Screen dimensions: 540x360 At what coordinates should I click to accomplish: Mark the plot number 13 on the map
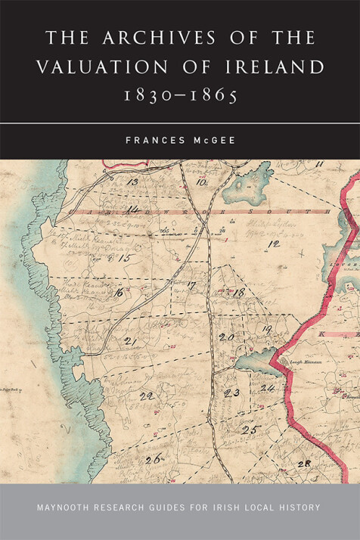[133, 182]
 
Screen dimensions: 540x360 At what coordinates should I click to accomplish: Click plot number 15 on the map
[126, 259]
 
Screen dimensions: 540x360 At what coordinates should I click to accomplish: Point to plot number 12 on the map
[274, 244]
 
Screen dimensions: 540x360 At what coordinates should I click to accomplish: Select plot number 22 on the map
[146, 396]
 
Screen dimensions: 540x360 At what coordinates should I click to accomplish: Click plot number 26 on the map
[154, 458]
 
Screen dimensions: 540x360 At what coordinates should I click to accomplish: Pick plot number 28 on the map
[305, 463]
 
